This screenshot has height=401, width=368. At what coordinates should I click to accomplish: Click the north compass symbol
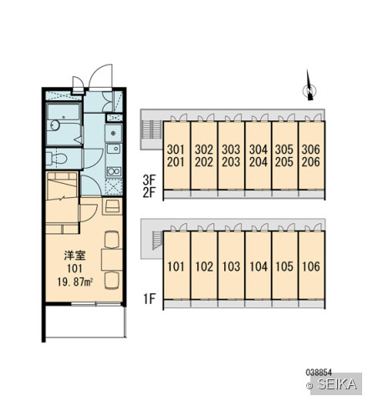pos(309,85)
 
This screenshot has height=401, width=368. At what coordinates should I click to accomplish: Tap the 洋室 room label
pos(74,256)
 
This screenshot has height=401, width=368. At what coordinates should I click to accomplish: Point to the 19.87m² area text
pos(75,282)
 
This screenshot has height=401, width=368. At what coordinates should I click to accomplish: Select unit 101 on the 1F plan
pos(176,265)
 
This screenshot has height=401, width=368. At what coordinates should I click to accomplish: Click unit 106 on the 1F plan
pos(311,265)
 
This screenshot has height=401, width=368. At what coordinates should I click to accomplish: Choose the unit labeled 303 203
pos(231,155)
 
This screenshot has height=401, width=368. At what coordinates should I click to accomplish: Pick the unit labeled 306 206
pos(311,155)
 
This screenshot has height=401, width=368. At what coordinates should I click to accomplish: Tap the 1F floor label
pos(149,299)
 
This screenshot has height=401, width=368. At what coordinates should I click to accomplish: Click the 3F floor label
pos(149,180)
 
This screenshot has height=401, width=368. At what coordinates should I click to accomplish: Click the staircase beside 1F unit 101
pos(157,240)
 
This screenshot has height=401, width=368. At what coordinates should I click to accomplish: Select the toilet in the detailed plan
pos(56,159)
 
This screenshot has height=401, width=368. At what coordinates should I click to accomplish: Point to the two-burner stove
pos(114,170)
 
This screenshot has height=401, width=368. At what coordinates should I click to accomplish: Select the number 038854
pos(319,372)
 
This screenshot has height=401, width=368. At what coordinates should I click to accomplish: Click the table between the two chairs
pos(112,260)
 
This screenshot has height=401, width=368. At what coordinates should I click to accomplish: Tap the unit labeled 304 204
pos(258,155)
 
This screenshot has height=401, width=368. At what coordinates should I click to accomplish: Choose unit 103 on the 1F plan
pos(231,265)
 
